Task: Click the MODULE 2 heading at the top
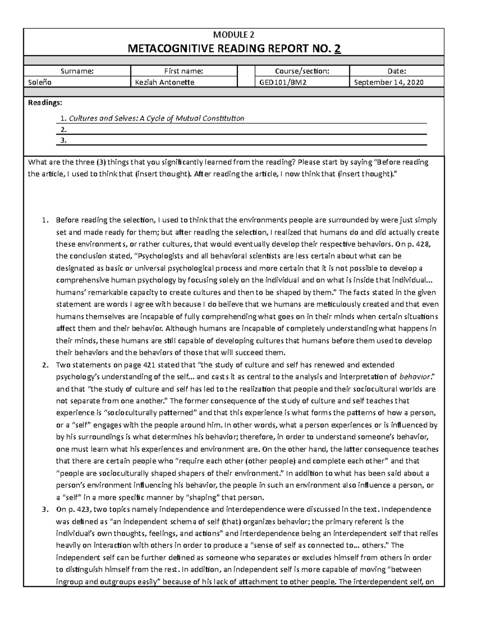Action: coord(234,35)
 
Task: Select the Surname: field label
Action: coord(77,71)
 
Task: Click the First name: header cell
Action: coord(184,71)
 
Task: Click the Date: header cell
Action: coord(397,71)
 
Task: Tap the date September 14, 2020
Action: coord(388,82)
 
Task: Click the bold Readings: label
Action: coord(45,103)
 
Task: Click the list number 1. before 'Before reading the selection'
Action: coord(45,220)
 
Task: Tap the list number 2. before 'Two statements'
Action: coord(45,365)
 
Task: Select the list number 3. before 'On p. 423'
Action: coord(45,509)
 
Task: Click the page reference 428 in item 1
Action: coord(423,244)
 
